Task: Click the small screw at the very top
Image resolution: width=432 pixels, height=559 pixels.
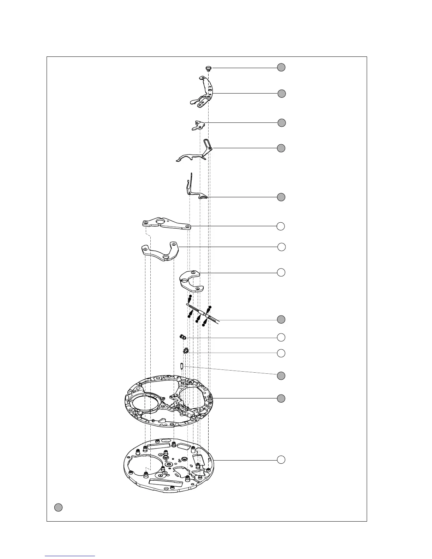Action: pyautogui.click(x=208, y=68)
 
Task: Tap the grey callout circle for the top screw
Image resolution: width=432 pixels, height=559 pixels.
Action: pyautogui.click(x=281, y=67)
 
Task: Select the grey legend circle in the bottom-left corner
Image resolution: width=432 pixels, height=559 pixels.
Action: pyautogui.click(x=59, y=507)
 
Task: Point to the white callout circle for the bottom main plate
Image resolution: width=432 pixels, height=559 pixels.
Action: pyautogui.click(x=281, y=459)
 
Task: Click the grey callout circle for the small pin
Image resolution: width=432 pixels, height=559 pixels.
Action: pyautogui.click(x=281, y=375)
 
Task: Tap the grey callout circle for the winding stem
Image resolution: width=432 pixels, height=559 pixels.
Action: pyautogui.click(x=281, y=319)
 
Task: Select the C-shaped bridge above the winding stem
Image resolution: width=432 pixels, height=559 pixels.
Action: pyautogui.click(x=191, y=280)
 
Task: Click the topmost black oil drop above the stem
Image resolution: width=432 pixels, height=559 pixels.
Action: pyautogui.click(x=190, y=296)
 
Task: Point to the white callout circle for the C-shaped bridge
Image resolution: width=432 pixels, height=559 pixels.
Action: pyautogui.click(x=281, y=272)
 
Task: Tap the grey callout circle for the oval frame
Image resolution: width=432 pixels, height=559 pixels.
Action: pyautogui.click(x=281, y=398)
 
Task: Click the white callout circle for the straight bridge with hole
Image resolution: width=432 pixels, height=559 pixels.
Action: pyautogui.click(x=281, y=226)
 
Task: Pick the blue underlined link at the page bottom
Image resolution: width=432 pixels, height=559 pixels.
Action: pyautogui.click(x=70, y=555)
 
